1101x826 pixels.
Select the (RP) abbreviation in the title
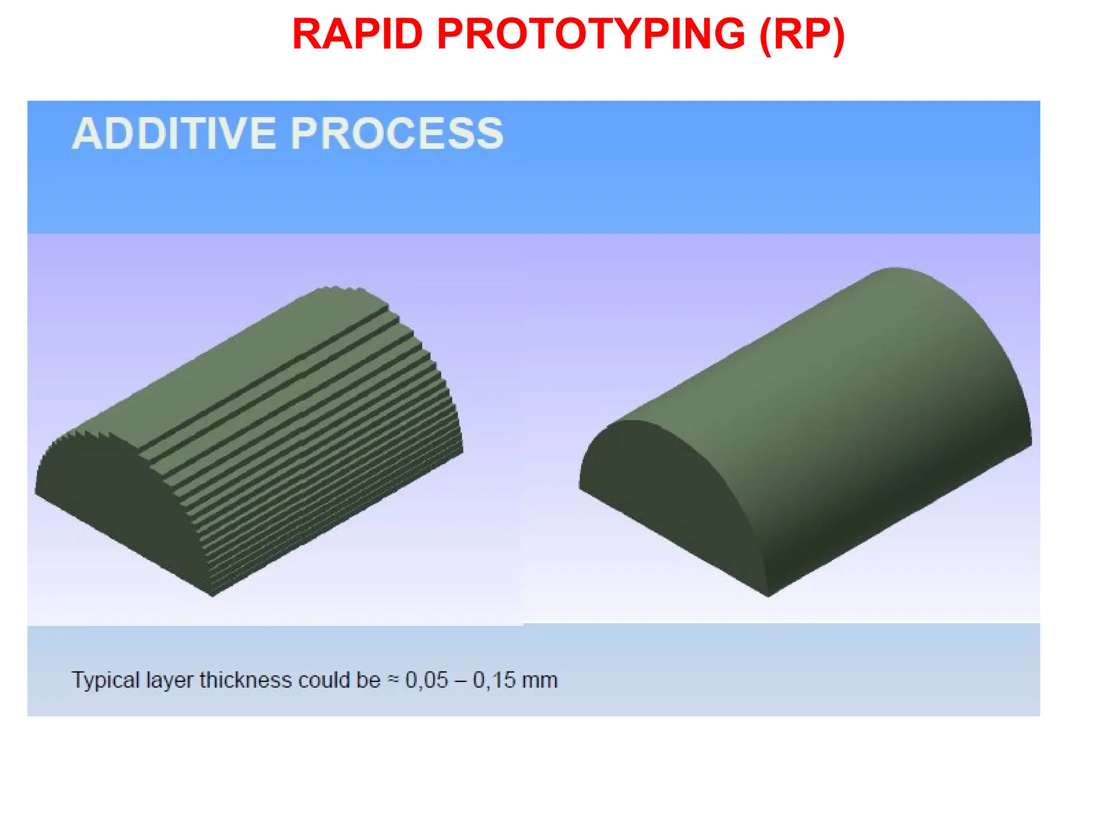[x=802, y=34]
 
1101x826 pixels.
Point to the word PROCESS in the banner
[x=397, y=133]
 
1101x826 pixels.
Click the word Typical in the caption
[x=105, y=681]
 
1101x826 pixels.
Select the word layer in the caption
[x=169, y=681]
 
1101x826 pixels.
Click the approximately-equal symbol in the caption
[x=394, y=680]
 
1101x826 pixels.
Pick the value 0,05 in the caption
[x=426, y=680]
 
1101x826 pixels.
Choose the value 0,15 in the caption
[x=494, y=680]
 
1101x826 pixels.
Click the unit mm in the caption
[x=540, y=681]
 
